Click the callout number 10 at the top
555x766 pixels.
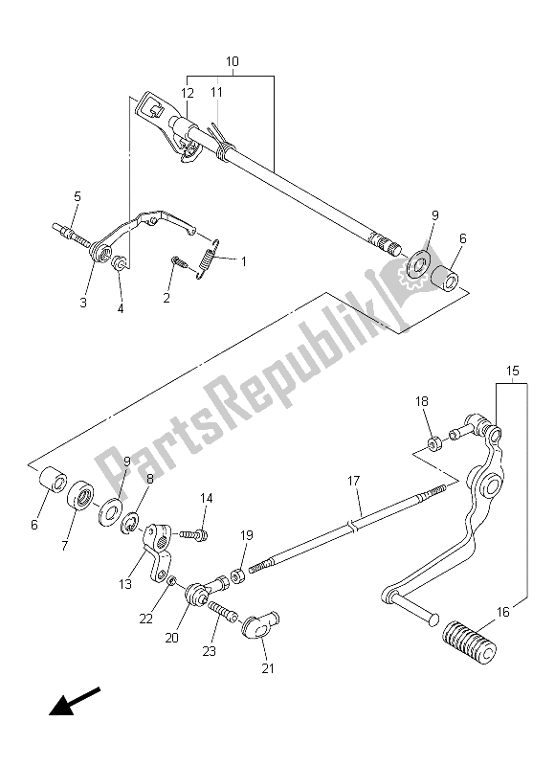232,61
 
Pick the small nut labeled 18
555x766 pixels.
433,442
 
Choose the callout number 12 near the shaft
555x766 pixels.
189,93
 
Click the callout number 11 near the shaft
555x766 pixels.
217,93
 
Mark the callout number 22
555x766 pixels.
145,620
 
